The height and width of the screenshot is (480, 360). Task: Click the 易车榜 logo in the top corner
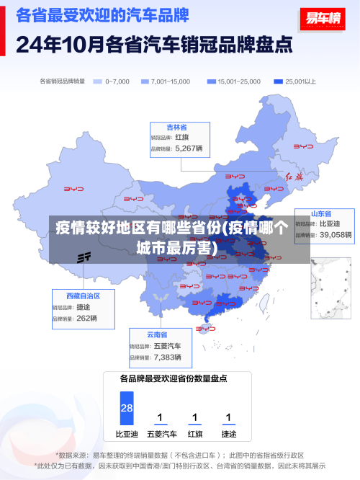321,19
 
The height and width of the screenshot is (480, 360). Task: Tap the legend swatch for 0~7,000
98,81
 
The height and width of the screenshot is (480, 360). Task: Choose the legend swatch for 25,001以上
278,81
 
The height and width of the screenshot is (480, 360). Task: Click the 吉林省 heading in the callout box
177,127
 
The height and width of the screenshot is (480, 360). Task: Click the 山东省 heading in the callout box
321,214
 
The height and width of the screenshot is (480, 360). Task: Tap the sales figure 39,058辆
336,235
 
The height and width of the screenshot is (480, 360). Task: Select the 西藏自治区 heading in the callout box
83,296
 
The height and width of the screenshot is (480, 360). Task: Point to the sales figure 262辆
86,318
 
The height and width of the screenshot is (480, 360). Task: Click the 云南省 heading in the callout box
157,335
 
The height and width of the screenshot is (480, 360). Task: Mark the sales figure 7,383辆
168,357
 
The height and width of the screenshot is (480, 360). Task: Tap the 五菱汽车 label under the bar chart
161,435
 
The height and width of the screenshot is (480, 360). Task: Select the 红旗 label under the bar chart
194,435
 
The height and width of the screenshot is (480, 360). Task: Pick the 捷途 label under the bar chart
228,435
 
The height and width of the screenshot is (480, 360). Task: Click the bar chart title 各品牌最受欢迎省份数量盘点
174,378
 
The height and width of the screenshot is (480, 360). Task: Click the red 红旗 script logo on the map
295,177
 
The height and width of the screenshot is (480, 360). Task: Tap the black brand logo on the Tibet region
85,257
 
